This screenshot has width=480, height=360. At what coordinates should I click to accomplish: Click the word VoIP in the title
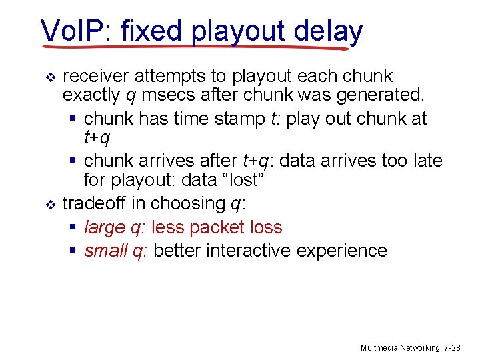(x=69, y=31)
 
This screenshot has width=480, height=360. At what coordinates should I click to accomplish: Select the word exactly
(x=91, y=97)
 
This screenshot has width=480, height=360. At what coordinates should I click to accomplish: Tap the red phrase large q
(x=114, y=227)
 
